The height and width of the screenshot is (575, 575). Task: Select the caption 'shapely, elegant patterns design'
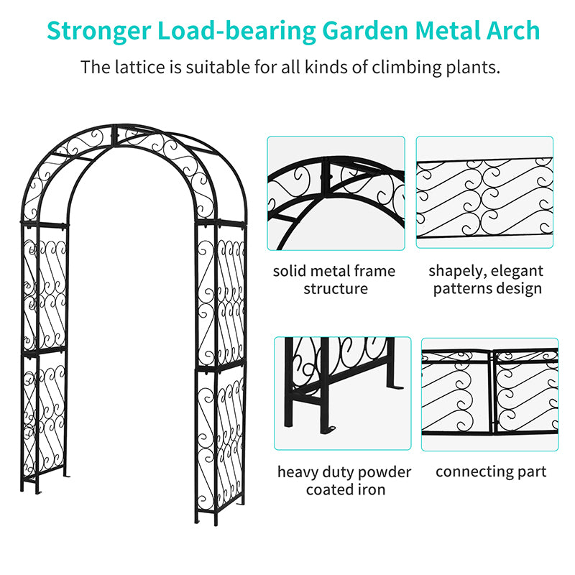coord(485,280)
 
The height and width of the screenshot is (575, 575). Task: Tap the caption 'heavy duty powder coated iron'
coord(344,481)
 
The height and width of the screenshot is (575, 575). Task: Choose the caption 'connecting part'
coord(490,472)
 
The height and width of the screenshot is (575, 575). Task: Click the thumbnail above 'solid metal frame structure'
coord(336,193)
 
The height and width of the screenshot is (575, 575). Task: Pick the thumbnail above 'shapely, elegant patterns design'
coord(484,193)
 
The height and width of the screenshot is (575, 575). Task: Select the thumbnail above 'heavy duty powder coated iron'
coord(342,394)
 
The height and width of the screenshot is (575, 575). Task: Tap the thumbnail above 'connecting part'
coord(489,394)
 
